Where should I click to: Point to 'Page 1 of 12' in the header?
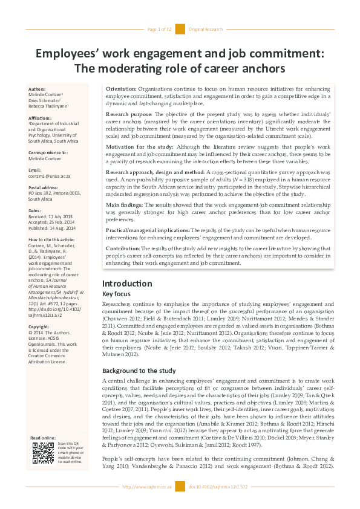160,29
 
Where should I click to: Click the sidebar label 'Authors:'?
38,89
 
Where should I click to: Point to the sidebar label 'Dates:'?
36,210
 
